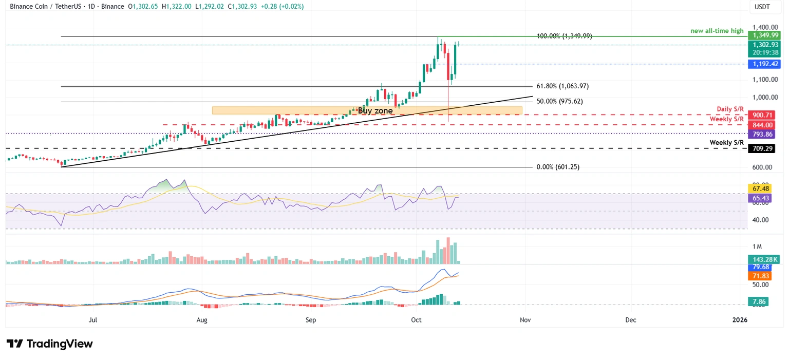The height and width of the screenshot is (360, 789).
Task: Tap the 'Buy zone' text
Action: click(375, 110)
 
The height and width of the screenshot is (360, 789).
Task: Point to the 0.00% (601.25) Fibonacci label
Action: click(557, 167)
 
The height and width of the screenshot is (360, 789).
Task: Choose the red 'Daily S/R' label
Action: click(730, 109)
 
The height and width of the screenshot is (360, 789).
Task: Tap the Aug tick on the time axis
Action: click(202, 320)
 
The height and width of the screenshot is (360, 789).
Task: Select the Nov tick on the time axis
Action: click(525, 320)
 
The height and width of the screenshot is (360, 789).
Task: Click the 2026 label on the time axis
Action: click(740, 320)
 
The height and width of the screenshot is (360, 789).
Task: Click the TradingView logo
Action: click(50, 344)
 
